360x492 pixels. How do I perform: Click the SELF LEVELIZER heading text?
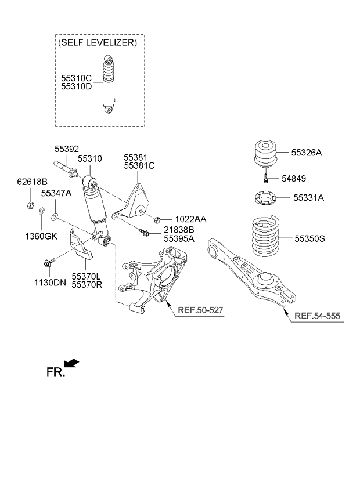(x=98, y=43)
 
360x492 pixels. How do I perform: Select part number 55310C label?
(x=77, y=77)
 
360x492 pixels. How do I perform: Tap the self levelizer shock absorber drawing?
(x=109, y=85)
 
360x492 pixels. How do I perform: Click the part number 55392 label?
(x=67, y=149)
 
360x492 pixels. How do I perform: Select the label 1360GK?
(x=41, y=236)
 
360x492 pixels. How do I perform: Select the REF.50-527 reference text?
(x=200, y=310)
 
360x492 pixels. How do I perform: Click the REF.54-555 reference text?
(x=318, y=316)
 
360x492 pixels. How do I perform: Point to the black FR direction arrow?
(x=71, y=363)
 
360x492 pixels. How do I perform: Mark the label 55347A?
(x=56, y=193)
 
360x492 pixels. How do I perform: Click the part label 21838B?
(x=179, y=230)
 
